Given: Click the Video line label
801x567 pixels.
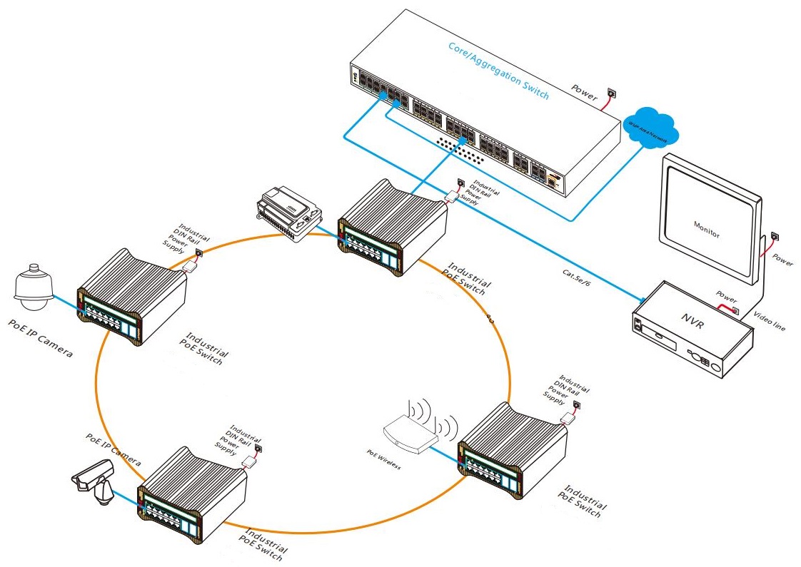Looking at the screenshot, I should (x=770, y=322).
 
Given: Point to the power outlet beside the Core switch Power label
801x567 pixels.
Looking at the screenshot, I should (x=610, y=93).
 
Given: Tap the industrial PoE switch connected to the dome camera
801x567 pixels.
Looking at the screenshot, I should (x=132, y=297).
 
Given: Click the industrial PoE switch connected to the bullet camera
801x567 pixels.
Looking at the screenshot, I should (x=192, y=493).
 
